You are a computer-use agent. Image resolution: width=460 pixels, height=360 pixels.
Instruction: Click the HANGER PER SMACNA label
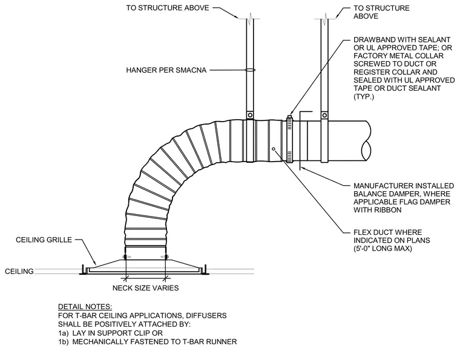tap(166, 70)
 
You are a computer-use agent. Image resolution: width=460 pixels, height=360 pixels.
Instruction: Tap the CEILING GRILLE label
tap(44, 240)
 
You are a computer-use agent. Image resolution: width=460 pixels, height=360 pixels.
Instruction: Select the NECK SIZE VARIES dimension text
tap(145, 288)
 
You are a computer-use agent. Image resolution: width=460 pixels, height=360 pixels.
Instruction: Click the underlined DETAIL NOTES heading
tap(85, 307)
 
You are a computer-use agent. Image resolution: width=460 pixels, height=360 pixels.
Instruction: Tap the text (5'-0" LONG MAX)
tap(383, 249)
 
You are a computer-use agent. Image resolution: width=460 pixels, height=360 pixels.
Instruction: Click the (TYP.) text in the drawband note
tap(364, 96)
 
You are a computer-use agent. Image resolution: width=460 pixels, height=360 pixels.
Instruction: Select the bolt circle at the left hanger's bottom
tap(250, 115)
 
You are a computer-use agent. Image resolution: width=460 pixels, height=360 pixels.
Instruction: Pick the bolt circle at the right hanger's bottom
tap(324, 115)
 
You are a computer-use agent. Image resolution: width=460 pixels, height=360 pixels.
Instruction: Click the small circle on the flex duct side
tap(274, 149)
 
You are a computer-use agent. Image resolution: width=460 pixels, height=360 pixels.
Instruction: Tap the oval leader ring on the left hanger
tap(250, 70)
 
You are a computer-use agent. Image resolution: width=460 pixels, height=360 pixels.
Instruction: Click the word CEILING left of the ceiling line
tap(19, 271)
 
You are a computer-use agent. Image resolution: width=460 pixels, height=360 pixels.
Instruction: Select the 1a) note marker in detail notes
tap(63, 333)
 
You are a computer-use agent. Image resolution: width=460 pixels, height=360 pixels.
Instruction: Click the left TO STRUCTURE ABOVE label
tap(168, 8)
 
